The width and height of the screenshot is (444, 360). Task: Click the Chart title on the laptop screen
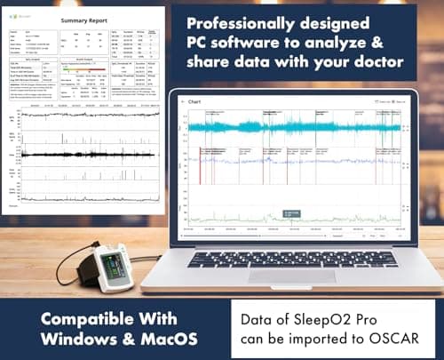[196, 102]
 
